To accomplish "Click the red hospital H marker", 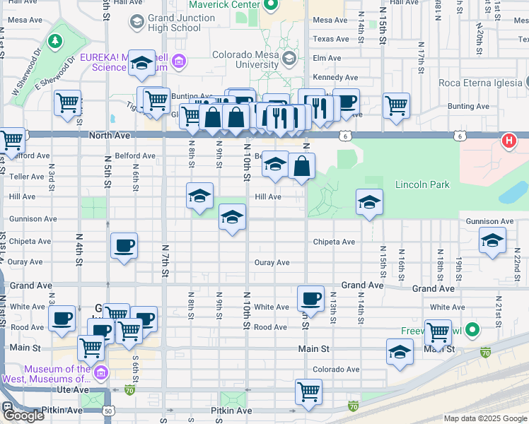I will click(x=508, y=141).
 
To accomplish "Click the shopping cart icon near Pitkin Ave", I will click(x=308, y=391).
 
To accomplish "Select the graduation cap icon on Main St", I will click(x=400, y=351).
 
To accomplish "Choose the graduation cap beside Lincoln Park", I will click(x=368, y=203).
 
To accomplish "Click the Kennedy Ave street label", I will click(x=336, y=77).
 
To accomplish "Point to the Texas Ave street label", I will click(x=331, y=39).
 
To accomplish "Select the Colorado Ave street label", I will click(x=337, y=369).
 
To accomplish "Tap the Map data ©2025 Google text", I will click(x=484, y=418).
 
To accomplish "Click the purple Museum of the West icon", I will click(x=101, y=372).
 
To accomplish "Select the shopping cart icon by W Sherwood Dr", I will click(x=68, y=103).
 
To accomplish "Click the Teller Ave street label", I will click(x=18, y=177).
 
